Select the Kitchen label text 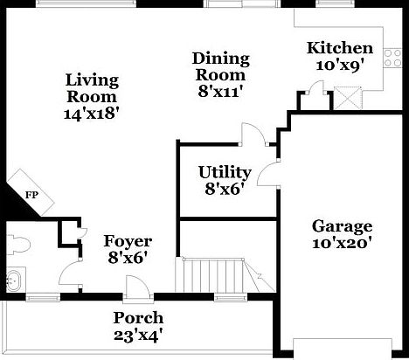(341, 48)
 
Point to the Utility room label (225, 171)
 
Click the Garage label (342, 226)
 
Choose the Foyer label (128, 241)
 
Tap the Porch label (138, 318)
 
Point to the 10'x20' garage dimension (342, 243)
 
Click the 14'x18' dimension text (92, 112)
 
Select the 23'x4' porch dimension (138, 334)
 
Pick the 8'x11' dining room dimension (220, 89)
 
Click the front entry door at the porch (135, 289)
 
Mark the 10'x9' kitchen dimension (341, 65)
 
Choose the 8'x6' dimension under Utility (225, 187)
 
